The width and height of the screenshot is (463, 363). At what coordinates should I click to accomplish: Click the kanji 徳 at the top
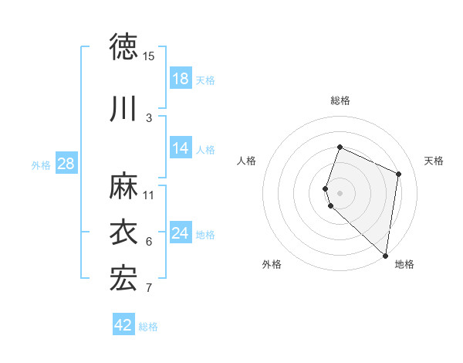[123, 47]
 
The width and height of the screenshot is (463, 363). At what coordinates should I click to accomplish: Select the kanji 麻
[123, 185]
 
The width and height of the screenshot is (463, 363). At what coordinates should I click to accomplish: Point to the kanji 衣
[123, 232]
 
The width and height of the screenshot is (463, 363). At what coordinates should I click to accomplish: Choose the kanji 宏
[123, 279]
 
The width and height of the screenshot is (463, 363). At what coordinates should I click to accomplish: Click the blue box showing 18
[181, 79]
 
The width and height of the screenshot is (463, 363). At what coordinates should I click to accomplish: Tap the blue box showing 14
[181, 148]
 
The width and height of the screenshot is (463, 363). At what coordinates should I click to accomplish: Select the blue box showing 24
[181, 233]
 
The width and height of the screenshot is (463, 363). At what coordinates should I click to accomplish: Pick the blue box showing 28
[66, 164]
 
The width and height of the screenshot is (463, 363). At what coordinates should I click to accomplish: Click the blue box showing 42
[123, 325]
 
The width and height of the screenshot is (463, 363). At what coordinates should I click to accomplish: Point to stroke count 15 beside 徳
[148, 56]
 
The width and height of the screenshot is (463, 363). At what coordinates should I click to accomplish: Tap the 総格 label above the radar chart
[340, 100]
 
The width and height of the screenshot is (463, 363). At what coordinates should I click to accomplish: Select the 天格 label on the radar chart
[434, 161]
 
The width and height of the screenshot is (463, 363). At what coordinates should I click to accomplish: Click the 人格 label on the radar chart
[247, 161]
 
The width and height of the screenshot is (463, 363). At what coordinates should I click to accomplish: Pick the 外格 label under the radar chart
[272, 264]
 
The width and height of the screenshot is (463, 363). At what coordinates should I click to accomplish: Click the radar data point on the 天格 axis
[399, 174]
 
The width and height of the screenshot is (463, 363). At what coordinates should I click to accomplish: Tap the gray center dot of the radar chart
[340, 192]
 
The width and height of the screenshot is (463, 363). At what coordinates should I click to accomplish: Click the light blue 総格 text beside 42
[148, 327]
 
